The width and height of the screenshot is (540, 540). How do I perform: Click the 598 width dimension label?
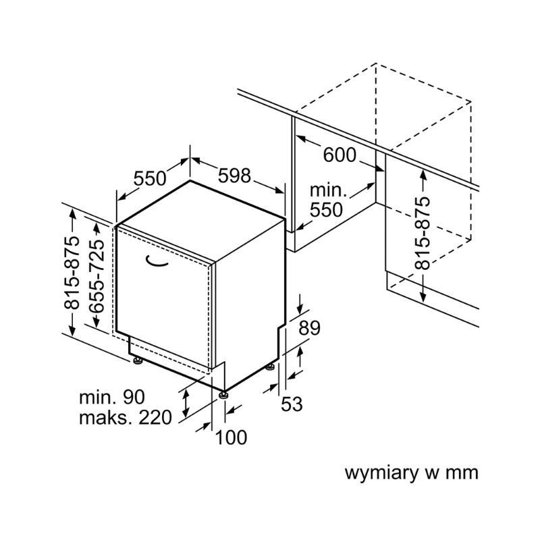click(x=234, y=176)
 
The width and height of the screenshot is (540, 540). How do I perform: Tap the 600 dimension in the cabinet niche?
click(x=340, y=155)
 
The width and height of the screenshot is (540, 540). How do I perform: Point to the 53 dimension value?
click(x=291, y=404)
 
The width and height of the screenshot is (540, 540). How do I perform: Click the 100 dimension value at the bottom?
click(x=231, y=438)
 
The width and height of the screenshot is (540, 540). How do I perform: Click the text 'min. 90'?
click(x=111, y=397)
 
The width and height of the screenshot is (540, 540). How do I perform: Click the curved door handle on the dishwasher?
click(x=159, y=261)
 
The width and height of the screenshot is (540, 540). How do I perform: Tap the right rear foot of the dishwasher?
click(x=271, y=367)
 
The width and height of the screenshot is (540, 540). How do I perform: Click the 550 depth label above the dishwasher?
click(x=149, y=179)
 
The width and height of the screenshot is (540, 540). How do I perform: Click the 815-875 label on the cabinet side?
click(x=423, y=233)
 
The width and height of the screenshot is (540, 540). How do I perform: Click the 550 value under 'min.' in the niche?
click(x=327, y=210)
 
